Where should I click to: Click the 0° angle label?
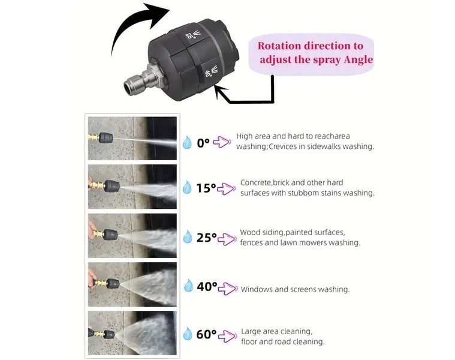(x=203, y=142)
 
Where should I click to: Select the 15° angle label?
(x=206, y=188)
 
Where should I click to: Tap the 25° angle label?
(x=206, y=238)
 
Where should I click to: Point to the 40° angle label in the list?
(x=207, y=287)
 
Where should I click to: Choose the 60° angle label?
(x=206, y=335)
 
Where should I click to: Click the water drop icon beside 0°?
(x=188, y=142)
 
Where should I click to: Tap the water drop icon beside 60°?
(x=188, y=334)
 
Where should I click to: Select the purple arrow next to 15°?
(x=227, y=188)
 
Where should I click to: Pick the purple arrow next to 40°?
(x=228, y=288)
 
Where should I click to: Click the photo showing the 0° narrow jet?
(x=132, y=138)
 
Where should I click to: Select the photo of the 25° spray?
(x=132, y=235)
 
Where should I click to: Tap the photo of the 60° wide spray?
(x=132, y=333)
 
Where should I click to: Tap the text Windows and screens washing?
(x=295, y=289)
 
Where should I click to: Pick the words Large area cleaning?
(x=276, y=331)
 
